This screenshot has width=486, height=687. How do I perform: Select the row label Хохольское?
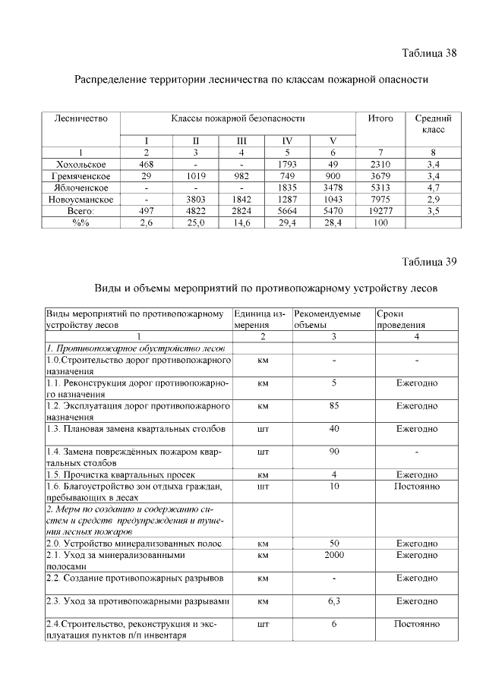81,163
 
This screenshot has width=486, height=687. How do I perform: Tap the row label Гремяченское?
81,175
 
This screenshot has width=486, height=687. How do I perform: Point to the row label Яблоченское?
81,188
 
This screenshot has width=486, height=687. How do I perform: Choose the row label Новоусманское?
81,199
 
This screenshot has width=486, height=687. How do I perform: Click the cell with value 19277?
380,211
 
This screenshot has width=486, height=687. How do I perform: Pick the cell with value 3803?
195,199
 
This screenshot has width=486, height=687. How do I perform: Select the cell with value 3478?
333,188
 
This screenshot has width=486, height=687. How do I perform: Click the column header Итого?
380,118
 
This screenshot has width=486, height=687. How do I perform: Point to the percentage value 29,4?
287,223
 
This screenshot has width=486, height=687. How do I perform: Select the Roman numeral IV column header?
287,140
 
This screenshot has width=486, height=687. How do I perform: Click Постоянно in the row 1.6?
416,485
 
